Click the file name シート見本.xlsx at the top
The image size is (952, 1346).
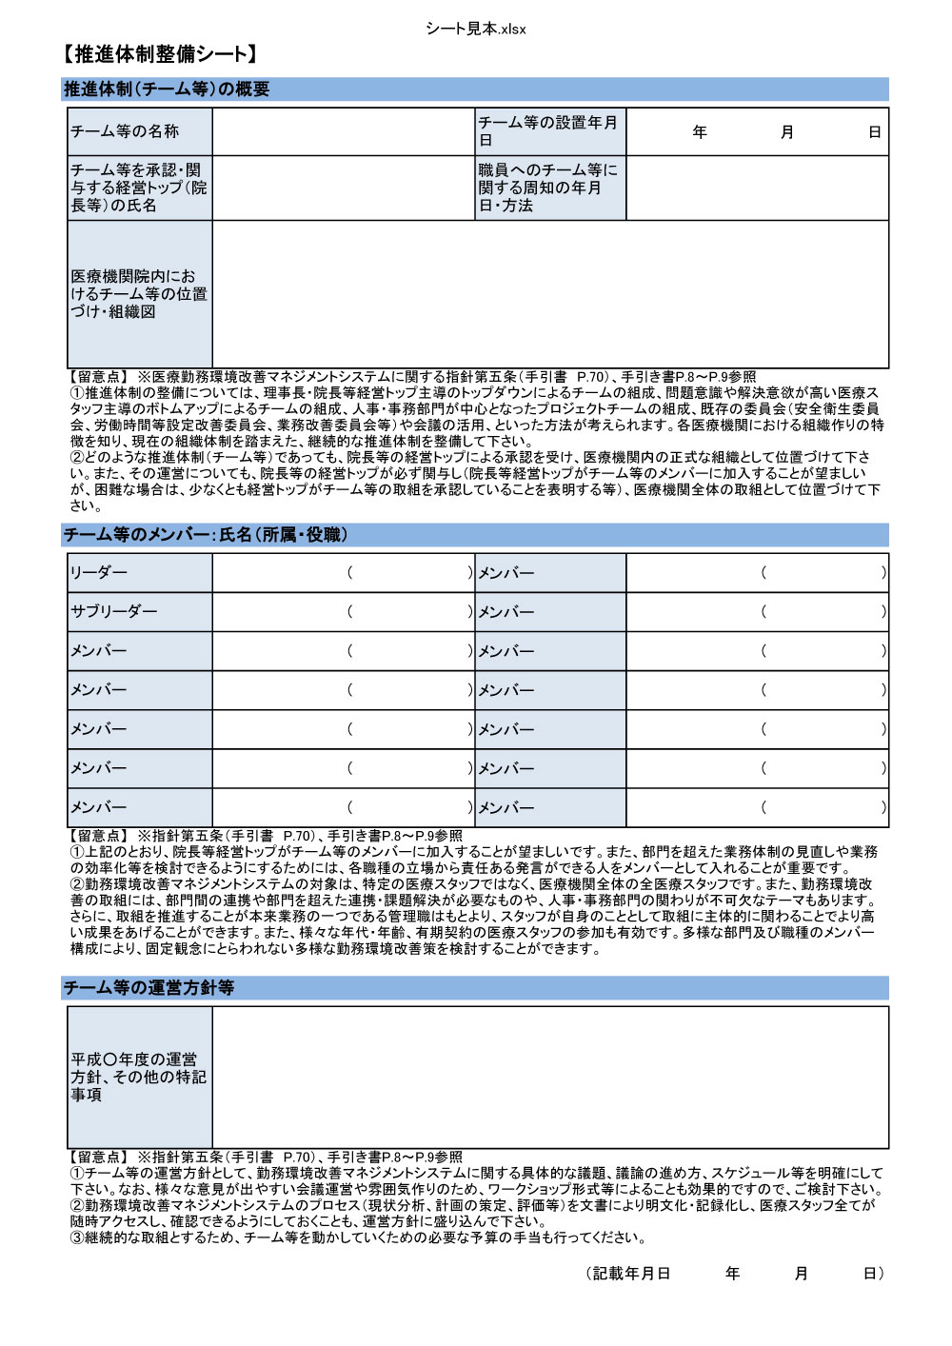[476, 29]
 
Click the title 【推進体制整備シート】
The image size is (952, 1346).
[160, 54]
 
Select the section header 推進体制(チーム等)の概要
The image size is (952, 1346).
[167, 89]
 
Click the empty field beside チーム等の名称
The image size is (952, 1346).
[343, 131]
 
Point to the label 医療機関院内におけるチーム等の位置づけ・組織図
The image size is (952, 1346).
[139, 294]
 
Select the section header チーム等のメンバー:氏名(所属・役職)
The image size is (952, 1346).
[206, 535]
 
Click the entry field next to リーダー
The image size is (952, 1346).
[343, 573]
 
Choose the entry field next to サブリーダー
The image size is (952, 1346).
[343, 612]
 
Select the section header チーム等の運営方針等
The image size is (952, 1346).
[149, 988]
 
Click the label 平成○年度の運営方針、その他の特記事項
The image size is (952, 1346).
[139, 1077]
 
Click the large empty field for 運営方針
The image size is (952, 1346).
[549, 1077]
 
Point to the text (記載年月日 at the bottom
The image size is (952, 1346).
[630, 1274]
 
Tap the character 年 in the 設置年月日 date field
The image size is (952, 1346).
[700, 132]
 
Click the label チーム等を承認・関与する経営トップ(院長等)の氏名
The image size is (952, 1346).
[139, 188]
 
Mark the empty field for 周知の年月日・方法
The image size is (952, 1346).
[757, 188]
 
